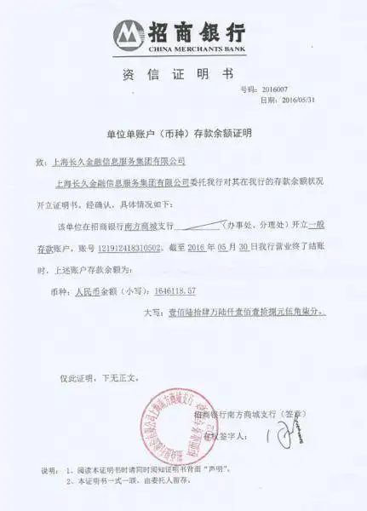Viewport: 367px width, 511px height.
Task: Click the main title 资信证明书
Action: coord(183,73)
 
